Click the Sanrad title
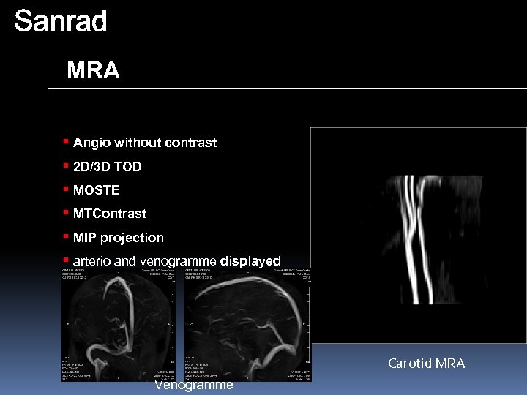pos(60,21)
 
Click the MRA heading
pos(93,71)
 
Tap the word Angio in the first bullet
pos(91,143)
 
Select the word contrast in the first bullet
pos(192,143)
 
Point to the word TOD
pos(128,167)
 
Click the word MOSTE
pos(96,190)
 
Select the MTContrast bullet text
pos(110,214)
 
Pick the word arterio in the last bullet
pos(93,261)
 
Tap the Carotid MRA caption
pos(426,364)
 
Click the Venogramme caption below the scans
pos(194,385)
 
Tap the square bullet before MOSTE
pos(66,189)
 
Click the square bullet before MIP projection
pos(66,237)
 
